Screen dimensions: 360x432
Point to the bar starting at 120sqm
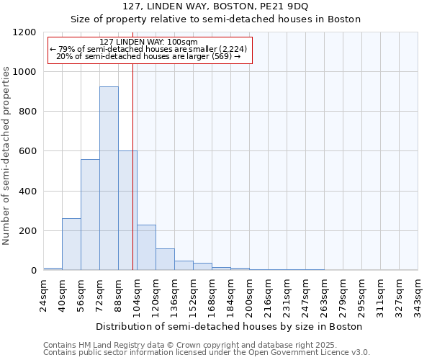[x=165, y=259]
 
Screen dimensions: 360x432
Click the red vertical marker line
[x=132, y=166]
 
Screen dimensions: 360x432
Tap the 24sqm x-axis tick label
[x=48, y=295]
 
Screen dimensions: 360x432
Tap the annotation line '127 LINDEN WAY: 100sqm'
[x=148, y=42]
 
